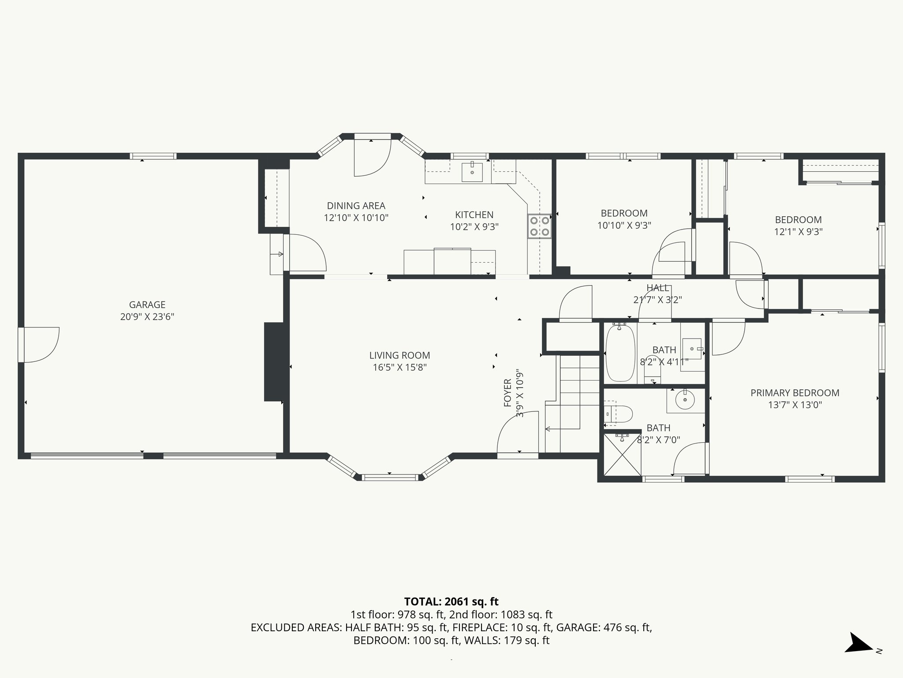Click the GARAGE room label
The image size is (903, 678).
pos(147,305)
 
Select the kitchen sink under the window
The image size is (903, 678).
pos(472,172)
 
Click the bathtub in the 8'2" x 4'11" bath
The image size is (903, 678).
pos(620,352)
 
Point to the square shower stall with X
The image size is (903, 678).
pos(622,454)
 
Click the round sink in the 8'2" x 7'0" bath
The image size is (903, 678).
pos(685,400)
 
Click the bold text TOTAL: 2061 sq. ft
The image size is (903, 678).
pos(451,602)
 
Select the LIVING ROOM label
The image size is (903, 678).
pos(399,355)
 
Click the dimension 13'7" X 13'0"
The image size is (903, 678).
pos(795,405)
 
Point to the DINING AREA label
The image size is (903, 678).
pos(356,206)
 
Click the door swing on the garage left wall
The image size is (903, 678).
pos(41,345)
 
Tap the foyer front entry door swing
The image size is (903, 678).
pos(517,433)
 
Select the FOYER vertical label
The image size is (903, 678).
pos(507,393)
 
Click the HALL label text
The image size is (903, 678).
pos(657,288)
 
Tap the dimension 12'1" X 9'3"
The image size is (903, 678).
pos(798,231)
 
